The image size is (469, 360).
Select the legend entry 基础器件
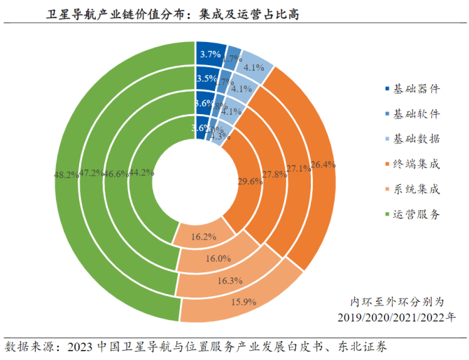pyautogui.click(x=416, y=89)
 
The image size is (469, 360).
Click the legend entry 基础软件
pyautogui.click(x=416, y=114)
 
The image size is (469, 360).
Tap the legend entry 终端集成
pyautogui.click(x=416, y=165)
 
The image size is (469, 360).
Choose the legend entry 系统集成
pyautogui.click(x=416, y=190)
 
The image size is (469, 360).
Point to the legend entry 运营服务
pyautogui.click(x=416, y=215)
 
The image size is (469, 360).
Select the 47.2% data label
pyautogui.click(x=91, y=173)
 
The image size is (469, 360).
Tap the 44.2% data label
pyautogui.click(x=142, y=172)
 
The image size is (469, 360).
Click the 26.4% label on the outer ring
pyautogui.click(x=323, y=165)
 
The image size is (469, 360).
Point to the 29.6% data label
pyautogui.click(x=249, y=181)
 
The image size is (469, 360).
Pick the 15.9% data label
pyautogui.click(x=242, y=302)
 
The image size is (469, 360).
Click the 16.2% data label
pyautogui.click(x=203, y=237)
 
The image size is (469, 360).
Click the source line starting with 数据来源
pyautogui.click(x=197, y=347)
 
